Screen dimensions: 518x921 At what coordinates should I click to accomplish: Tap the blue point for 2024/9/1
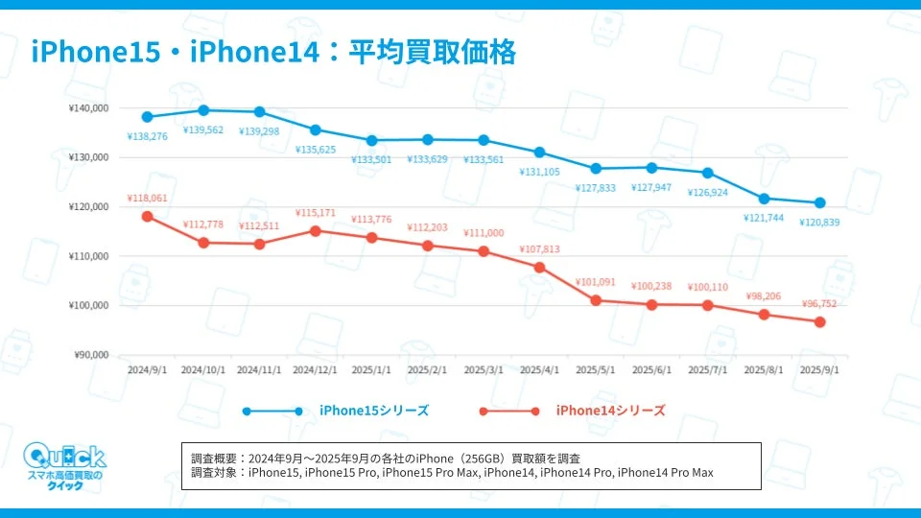click(147, 117)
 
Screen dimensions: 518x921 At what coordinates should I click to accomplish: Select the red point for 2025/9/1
click(820, 322)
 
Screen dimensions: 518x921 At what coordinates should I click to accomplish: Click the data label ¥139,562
click(203, 129)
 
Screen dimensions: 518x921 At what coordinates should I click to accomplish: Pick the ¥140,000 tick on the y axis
click(89, 108)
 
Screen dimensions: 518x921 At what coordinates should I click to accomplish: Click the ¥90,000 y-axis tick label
click(92, 355)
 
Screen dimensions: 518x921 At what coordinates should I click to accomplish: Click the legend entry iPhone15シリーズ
click(373, 411)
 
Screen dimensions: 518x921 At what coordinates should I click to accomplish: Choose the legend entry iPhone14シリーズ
click(610, 411)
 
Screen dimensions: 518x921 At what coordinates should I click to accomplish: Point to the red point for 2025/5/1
click(596, 300)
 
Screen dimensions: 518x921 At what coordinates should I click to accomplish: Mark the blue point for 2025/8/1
click(764, 199)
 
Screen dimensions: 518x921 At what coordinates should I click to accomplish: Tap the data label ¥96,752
click(820, 304)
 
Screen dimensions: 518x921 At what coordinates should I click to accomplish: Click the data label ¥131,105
click(539, 172)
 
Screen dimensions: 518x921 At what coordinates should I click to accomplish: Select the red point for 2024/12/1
click(316, 230)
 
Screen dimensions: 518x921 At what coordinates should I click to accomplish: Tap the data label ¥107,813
click(539, 249)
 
